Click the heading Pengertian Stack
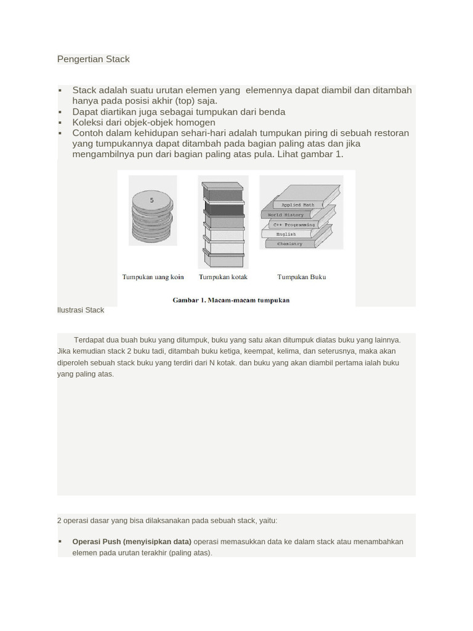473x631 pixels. [x=93, y=59]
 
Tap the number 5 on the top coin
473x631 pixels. [x=152, y=200]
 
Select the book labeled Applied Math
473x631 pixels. [x=299, y=204]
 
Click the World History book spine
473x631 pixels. [x=286, y=214]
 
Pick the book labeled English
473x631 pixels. [x=286, y=234]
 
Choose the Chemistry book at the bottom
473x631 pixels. [x=289, y=243]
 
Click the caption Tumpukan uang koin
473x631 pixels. [x=153, y=277]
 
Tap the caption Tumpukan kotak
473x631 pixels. [x=223, y=277]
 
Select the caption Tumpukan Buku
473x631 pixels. [x=302, y=277]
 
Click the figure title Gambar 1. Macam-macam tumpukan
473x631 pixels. [x=231, y=300]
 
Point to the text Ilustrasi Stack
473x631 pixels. [x=81, y=310]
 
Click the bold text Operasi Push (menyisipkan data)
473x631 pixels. [x=132, y=542]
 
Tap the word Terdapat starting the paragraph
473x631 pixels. [x=90, y=340]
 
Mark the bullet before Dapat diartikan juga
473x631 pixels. [x=60, y=112]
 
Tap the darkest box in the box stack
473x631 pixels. [x=223, y=208]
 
